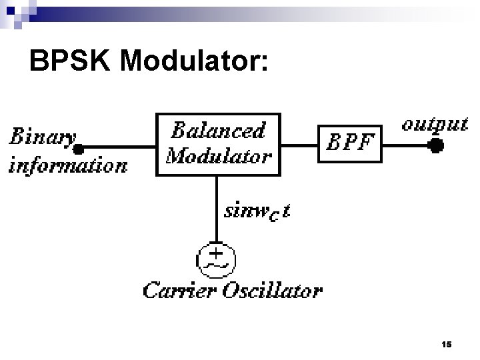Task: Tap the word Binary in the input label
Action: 41,137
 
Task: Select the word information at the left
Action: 67,165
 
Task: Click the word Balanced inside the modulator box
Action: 219,130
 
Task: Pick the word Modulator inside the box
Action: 219,156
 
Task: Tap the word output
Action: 434,124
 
